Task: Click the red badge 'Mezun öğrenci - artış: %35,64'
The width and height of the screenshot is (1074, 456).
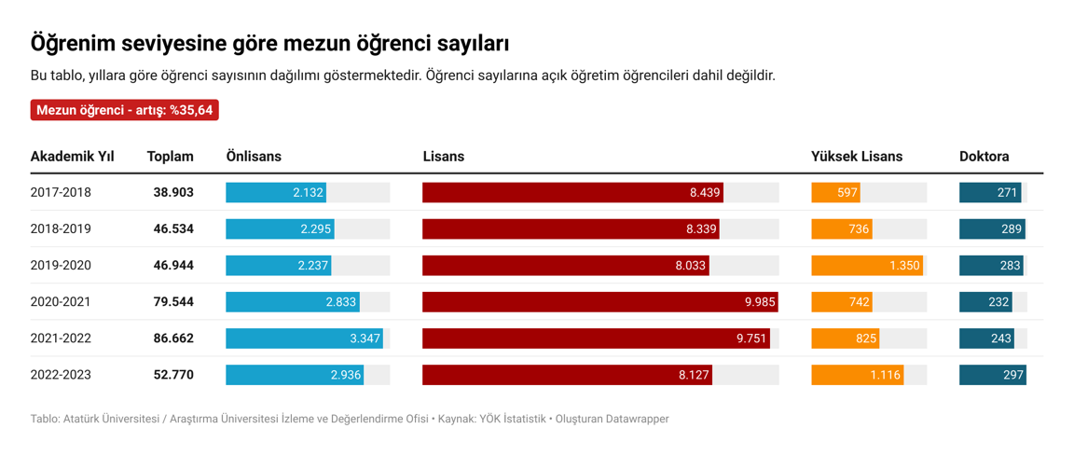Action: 125,110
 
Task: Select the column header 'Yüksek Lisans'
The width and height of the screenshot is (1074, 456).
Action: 856,157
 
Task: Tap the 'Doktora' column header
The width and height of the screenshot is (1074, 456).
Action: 984,157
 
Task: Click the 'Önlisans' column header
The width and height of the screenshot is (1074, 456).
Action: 254,157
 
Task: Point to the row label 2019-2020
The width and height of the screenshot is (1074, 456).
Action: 61,266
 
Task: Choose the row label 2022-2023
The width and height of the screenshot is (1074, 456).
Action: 61,375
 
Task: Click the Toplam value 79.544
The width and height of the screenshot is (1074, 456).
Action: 173,302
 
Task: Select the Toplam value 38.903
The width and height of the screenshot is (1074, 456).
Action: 173,193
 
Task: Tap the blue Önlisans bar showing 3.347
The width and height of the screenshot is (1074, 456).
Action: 305,339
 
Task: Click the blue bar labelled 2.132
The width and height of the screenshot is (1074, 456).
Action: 276,193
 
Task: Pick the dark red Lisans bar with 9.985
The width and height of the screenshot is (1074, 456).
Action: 599,302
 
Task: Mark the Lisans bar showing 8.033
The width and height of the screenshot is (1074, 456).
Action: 566,266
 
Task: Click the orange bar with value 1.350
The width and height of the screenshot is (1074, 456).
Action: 867,266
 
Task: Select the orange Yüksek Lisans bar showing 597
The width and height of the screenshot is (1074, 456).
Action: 835,193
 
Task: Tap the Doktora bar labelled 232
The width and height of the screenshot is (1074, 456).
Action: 986,302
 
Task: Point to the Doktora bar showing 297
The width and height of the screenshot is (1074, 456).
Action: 992,375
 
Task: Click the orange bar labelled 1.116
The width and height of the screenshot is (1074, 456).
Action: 858,375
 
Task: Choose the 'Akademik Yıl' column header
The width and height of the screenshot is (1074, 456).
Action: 72,157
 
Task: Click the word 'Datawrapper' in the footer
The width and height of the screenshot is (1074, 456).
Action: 637,420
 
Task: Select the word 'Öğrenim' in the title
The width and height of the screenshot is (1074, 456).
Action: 71,44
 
